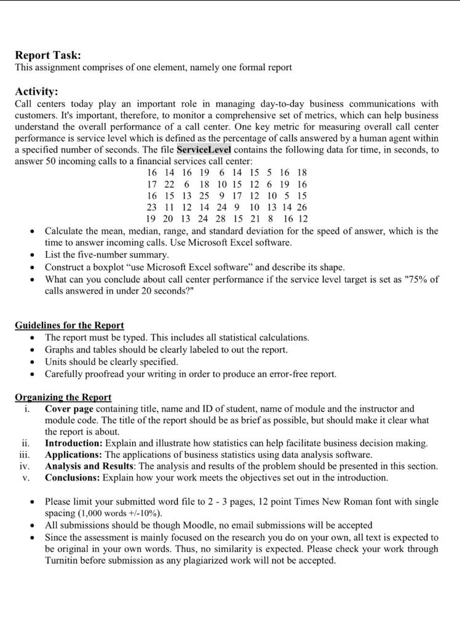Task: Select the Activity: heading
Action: (36, 92)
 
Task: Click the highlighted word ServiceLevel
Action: (204, 150)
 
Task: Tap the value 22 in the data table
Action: (169, 185)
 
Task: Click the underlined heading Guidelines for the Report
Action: (69, 325)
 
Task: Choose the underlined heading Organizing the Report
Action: (63, 397)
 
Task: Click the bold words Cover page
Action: (69, 409)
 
